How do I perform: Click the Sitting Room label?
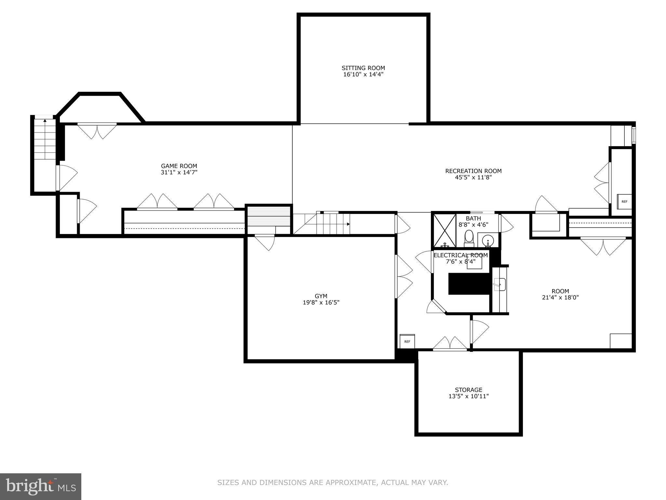(x=363, y=68)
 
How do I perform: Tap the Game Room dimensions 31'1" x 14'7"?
(x=179, y=173)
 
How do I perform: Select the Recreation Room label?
(x=473, y=171)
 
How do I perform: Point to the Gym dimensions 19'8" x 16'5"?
(x=321, y=302)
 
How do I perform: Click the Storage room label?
(x=468, y=390)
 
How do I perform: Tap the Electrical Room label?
(x=460, y=255)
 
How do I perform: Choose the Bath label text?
(x=473, y=218)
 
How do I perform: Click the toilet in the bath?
(x=469, y=237)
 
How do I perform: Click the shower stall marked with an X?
(x=445, y=230)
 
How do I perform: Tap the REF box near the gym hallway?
(x=407, y=341)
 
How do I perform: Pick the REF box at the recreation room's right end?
(x=624, y=201)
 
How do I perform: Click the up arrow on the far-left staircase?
(x=45, y=121)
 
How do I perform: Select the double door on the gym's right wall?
(x=403, y=276)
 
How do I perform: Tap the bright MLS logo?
(x=40, y=486)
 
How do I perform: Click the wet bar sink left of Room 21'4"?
(x=499, y=284)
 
